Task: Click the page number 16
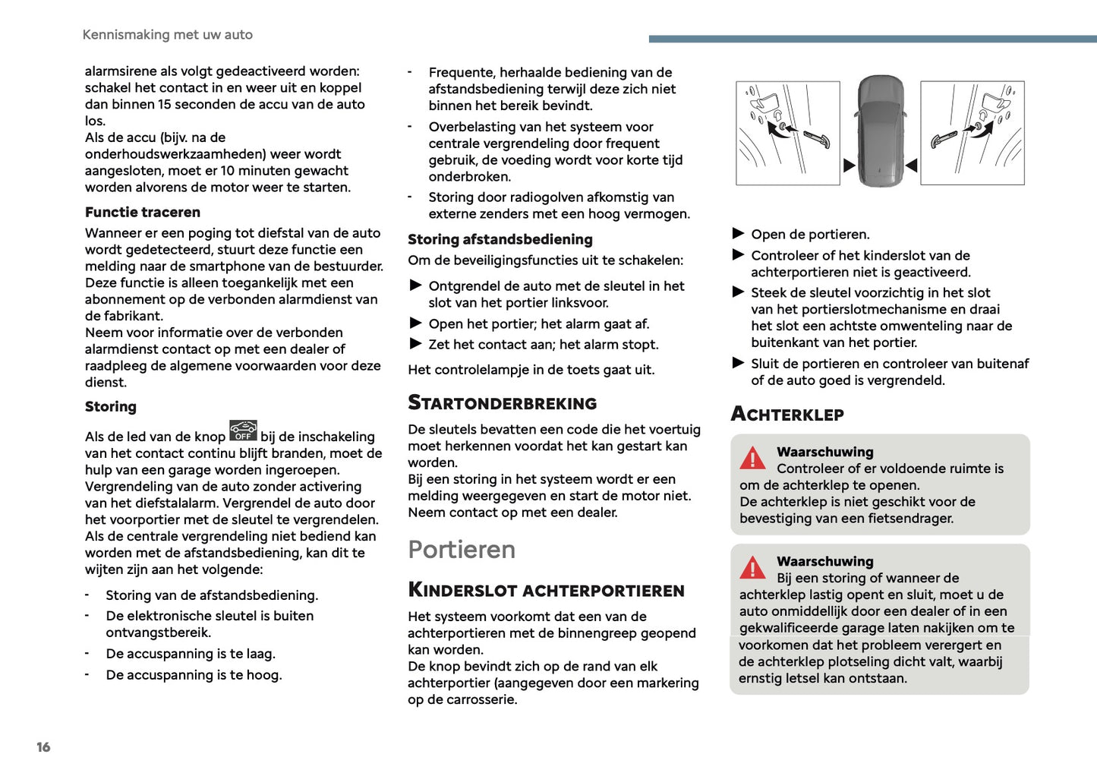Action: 43,747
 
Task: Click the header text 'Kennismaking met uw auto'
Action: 167,35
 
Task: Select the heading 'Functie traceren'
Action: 143,213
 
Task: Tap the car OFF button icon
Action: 243,431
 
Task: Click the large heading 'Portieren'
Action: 462,550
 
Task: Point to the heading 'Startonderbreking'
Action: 502,403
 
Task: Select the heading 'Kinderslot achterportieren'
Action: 546,590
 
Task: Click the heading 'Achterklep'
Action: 787,415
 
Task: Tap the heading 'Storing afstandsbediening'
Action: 500,240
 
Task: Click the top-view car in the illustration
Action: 881,131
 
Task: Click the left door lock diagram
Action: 788,133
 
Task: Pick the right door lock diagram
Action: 972,133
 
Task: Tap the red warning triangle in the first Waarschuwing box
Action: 752,458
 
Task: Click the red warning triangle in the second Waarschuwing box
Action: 752,567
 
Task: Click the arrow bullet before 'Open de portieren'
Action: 738,234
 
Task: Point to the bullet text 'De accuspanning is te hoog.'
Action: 194,675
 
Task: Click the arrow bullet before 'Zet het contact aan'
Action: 415,344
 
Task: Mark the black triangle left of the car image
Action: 850,165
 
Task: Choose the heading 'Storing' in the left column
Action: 111,407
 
